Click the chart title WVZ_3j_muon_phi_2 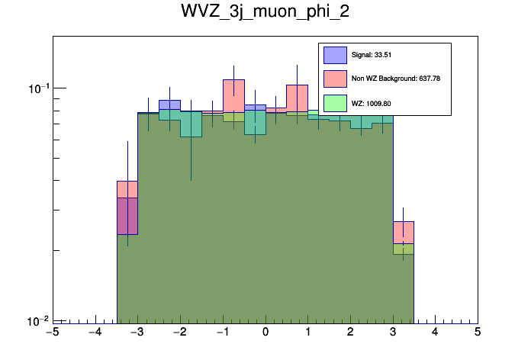point(265,13)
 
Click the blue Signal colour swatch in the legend point(335,55)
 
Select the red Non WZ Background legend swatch point(335,79)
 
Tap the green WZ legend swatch point(335,102)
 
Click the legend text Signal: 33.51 point(372,55)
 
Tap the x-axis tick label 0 point(265,333)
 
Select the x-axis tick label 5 point(478,333)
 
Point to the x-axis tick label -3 point(137,333)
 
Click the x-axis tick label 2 point(350,333)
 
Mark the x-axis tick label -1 point(222,333)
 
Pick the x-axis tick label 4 point(435,333)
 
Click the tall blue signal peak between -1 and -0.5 point(233,80)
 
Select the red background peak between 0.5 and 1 point(297,85)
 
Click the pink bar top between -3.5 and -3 point(127,182)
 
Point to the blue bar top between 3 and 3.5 point(403,223)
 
